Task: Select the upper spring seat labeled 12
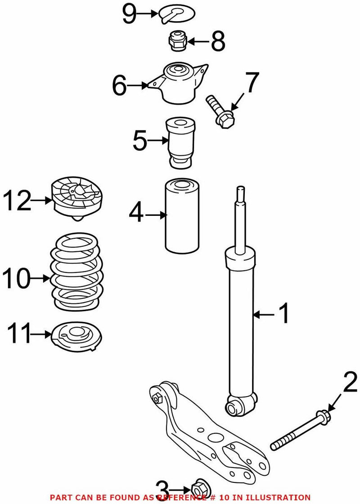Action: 76,198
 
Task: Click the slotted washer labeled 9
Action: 175,13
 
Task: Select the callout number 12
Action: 18,201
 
